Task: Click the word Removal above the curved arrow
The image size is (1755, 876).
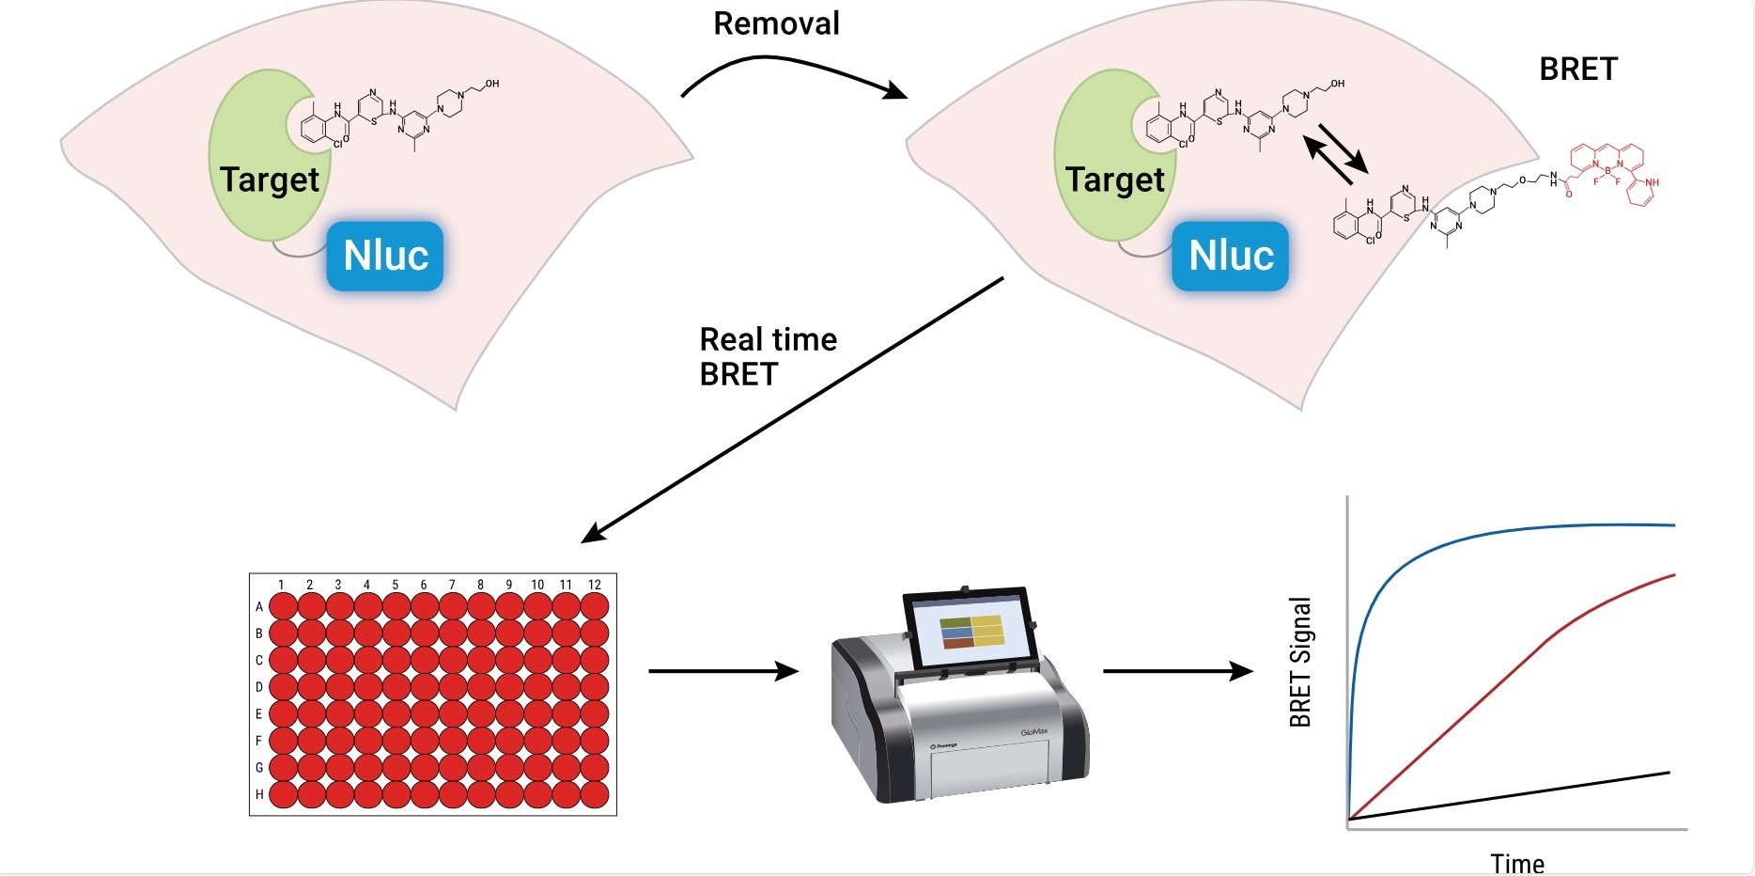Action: point(776,23)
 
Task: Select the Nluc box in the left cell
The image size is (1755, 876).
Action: point(385,256)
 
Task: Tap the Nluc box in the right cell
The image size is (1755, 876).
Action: point(1231,256)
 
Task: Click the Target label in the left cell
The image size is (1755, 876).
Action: point(270,180)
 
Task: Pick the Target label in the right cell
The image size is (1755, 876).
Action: point(1115,180)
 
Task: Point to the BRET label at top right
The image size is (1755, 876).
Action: point(1578,70)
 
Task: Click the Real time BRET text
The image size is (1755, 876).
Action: point(768,356)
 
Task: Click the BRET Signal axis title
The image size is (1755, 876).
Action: point(1300,662)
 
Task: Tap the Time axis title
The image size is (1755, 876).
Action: point(1517,863)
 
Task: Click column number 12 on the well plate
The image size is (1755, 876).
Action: point(595,585)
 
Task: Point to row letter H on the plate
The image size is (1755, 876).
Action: point(259,794)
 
